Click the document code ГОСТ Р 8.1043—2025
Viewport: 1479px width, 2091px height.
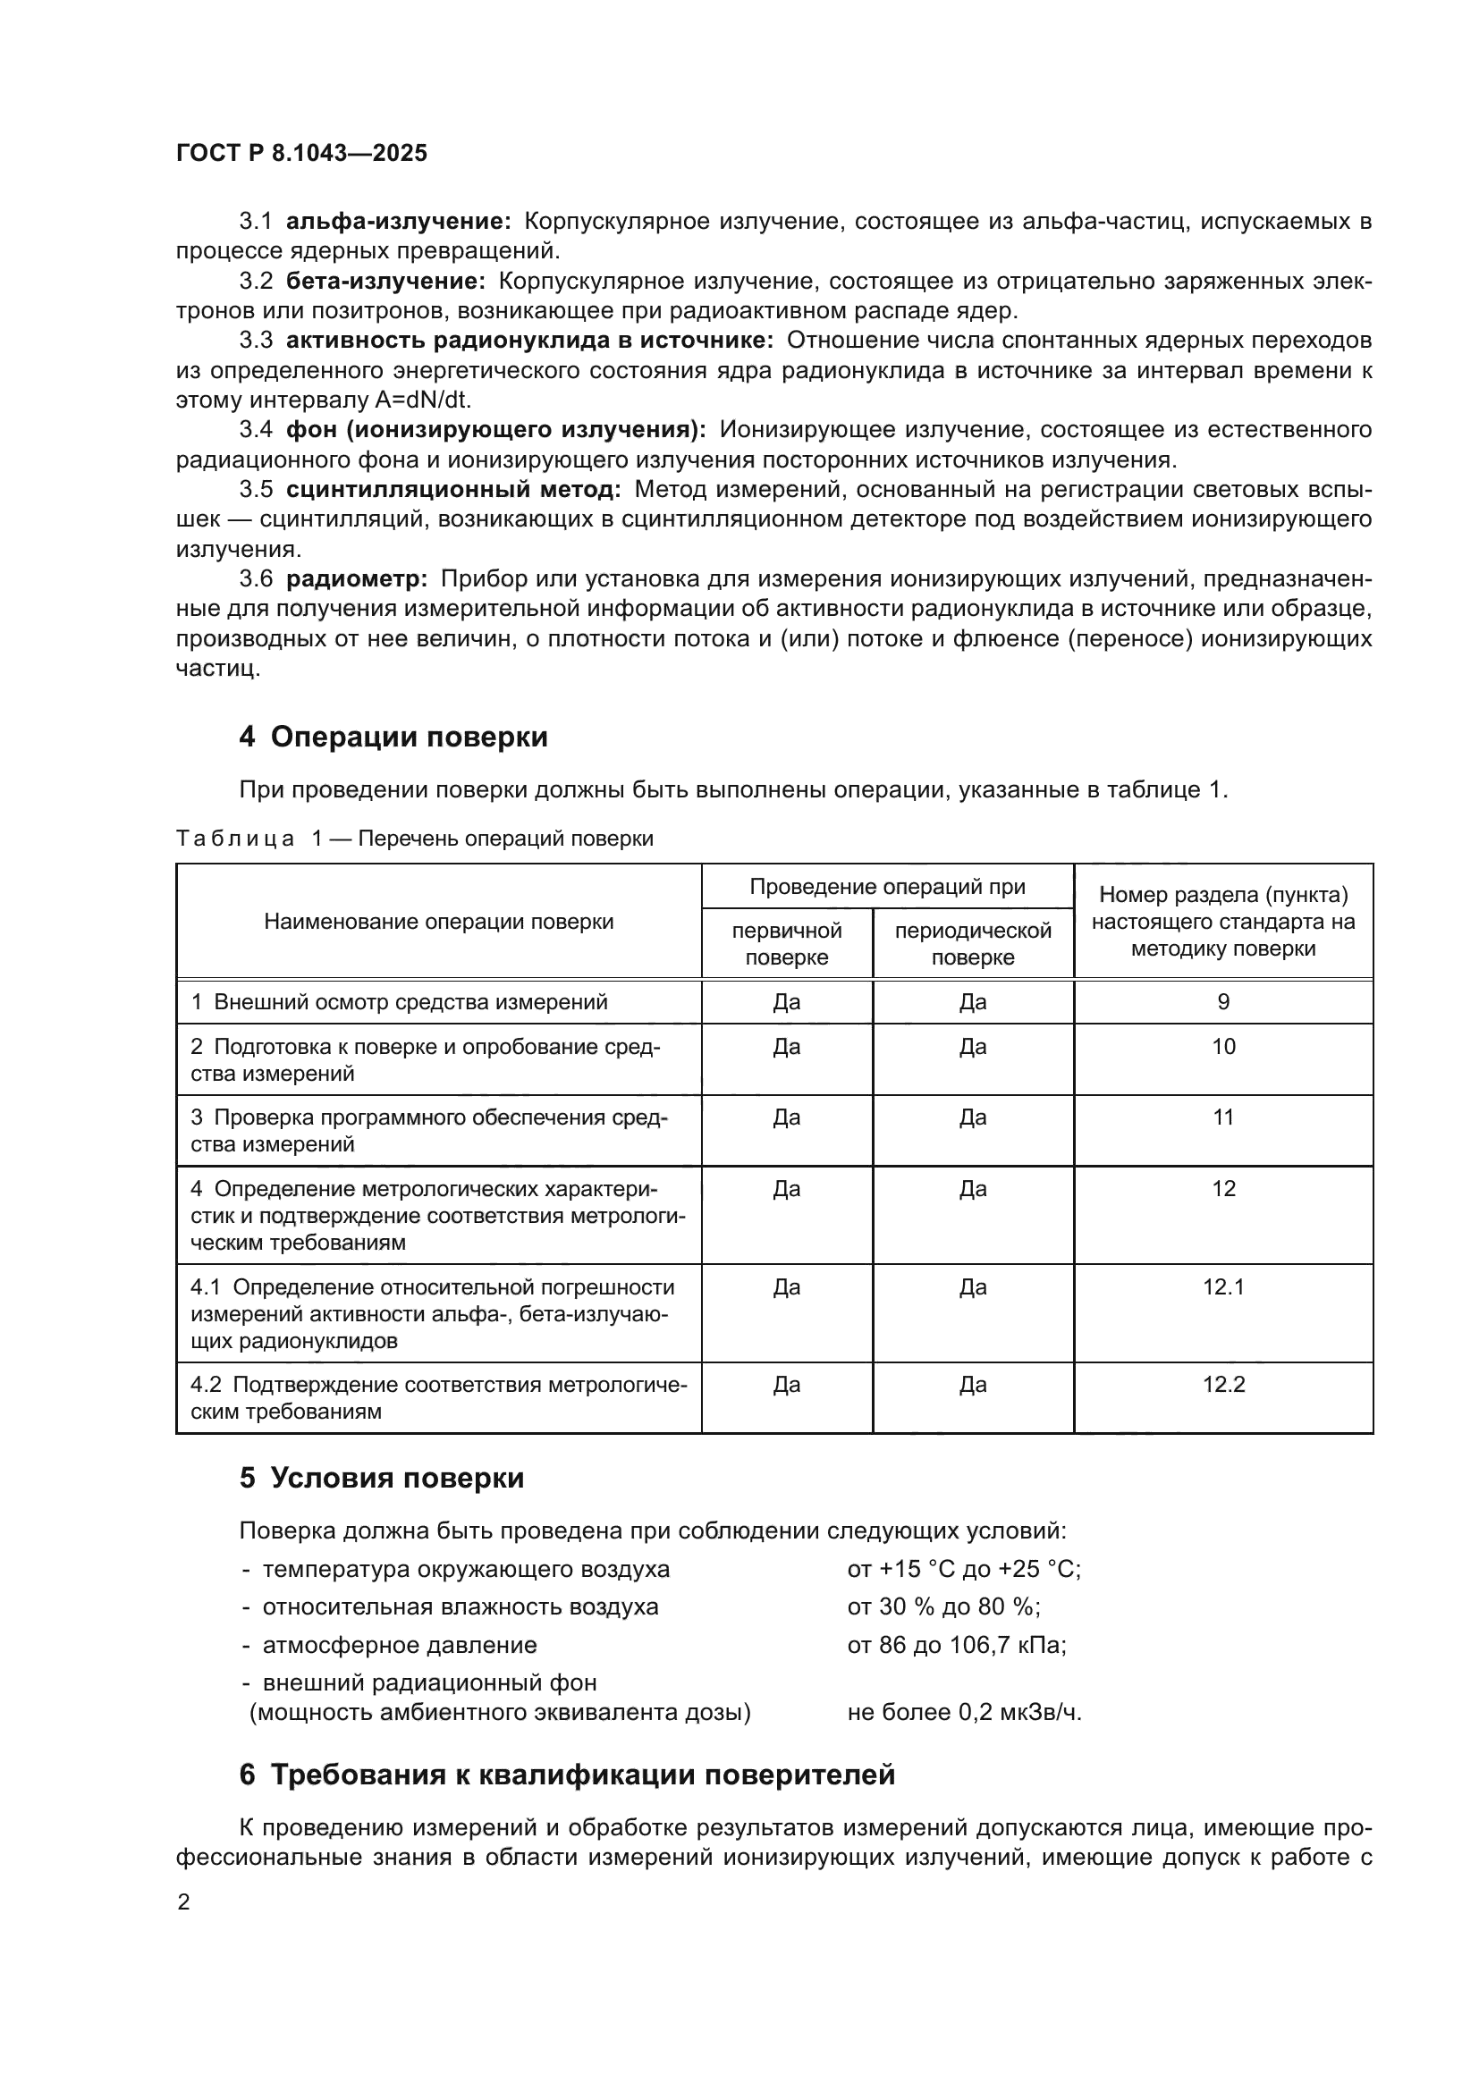coord(301,153)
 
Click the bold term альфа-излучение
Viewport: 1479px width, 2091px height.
coord(399,222)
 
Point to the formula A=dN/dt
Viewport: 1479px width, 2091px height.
coord(423,400)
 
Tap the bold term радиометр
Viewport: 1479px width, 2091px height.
coord(357,579)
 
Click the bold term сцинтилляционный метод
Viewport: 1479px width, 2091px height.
coord(453,490)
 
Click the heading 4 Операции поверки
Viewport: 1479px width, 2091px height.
coord(393,737)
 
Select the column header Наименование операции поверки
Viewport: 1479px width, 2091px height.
coord(439,922)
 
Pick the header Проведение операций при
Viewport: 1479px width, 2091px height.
coord(887,887)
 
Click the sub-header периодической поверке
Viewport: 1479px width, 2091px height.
coord(973,944)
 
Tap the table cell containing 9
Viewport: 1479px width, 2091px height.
coord(1223,1003)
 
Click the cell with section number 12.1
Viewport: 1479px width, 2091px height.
coord(1223,1287)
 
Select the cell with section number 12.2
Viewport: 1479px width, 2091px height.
coord(1223,1385)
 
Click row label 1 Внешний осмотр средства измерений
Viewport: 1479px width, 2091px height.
coord(399,1003)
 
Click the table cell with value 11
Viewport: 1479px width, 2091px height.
coord(1223,1117)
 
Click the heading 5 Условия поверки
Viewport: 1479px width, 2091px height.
coord(382,1477)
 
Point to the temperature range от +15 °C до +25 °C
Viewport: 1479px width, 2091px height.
coord(964,1569)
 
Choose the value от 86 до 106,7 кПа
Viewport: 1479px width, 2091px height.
coord(956,1646)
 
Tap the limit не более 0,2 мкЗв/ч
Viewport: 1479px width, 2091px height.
coord(964,1713)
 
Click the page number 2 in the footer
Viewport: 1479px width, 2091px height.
coord(184,1902)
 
